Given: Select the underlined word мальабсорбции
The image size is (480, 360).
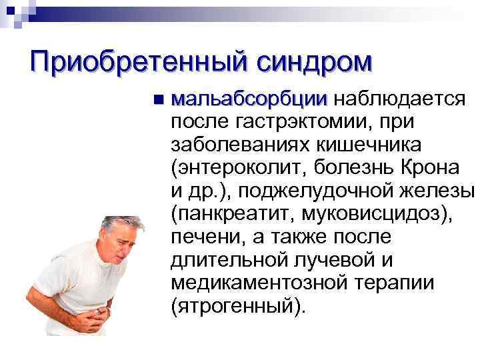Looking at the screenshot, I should tap(249, 100).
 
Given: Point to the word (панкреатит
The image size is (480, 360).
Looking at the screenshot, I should tap(231, 215).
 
